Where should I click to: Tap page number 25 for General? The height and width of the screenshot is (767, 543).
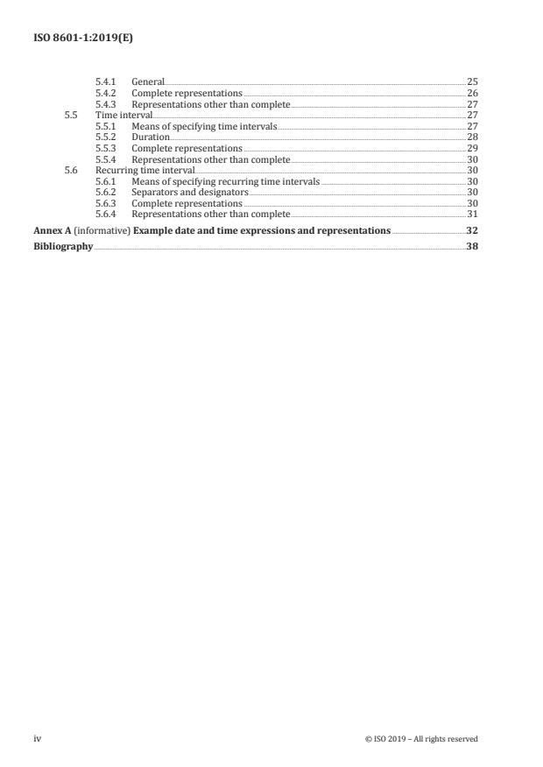point(472,81)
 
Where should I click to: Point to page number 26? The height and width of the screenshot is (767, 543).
point(472,93)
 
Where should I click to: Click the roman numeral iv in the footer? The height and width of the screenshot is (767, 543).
point(38,739)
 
